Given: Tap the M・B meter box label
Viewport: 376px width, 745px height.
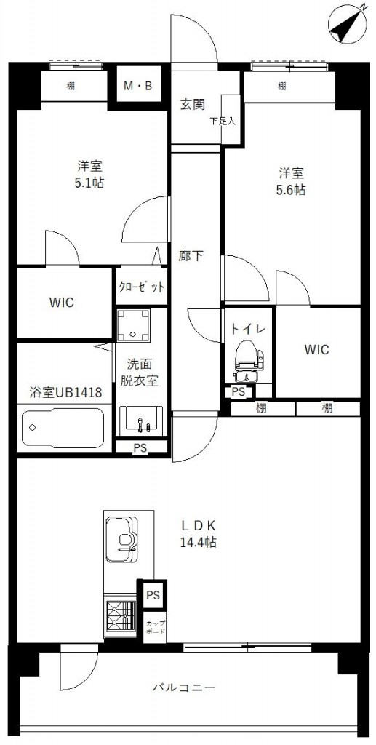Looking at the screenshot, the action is point(137,87).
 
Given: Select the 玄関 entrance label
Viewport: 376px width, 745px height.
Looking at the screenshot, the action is point(192,104).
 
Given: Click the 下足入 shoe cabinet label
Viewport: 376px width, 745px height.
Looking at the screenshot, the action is point(223,121).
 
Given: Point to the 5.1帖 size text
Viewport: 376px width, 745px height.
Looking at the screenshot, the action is point(90,183).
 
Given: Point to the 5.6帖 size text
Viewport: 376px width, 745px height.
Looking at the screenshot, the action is point(291,190).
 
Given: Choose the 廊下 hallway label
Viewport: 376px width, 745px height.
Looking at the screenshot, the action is point(191,256).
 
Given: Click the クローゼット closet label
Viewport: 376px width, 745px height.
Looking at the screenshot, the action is point(142,287).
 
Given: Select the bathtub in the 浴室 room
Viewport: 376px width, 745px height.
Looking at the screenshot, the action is point(63,428).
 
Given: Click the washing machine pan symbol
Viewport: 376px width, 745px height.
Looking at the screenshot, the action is point(133,326).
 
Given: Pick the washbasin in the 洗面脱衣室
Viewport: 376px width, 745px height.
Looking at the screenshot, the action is point(141,421).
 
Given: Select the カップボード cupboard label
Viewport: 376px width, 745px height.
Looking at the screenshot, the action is point(156,628).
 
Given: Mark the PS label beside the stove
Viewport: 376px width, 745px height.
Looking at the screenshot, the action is point(153,595).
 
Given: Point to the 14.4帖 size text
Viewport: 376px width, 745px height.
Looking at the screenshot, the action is point(199,542).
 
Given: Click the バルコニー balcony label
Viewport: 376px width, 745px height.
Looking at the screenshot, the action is point(184,688).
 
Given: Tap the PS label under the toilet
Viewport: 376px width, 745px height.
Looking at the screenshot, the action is point(239,392).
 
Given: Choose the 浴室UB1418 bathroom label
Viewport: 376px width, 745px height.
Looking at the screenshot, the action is point(66,392).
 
